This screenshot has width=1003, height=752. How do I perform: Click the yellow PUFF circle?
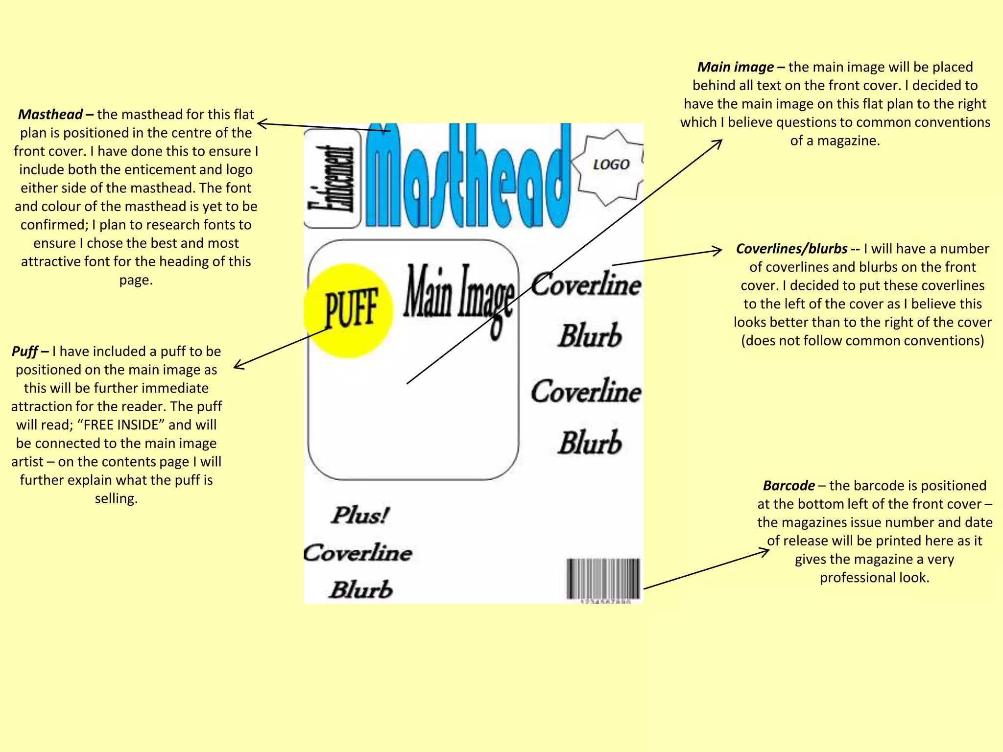pyautogui.click(x=349, y=310)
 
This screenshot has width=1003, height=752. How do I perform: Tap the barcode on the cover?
pyautogui.click(x=603, y=579)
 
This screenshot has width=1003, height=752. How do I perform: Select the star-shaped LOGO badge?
pyautogui.click(x=610, y=165)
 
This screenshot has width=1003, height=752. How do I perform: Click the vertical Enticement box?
pyautogui.click(x=332, y=179)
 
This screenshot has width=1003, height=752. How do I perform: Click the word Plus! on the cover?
pyautogui.click(x=360, y=515)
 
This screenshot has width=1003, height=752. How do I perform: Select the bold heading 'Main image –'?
pyautogui.click(x=740, y=67)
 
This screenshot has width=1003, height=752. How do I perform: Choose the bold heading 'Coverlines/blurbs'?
pyautogui.click(x=791, y=249)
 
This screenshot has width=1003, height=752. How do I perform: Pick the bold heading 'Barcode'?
pyautogui.click(x=788, y=486)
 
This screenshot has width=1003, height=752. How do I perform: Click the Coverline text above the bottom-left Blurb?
pyautogui.click(x=358, y=553)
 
